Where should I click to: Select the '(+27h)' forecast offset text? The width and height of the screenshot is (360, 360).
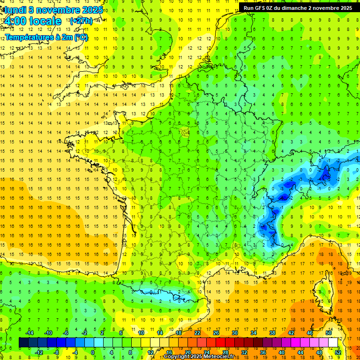click(81, 21)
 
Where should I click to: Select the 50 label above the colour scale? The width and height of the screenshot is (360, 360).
click(328, 333)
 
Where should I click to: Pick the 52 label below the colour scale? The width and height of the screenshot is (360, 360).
click(338, 352)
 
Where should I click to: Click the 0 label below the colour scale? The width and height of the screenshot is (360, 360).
click(93, 352)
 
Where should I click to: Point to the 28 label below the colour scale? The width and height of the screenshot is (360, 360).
click(225, 352)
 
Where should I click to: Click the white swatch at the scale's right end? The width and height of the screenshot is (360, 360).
click(333, 343)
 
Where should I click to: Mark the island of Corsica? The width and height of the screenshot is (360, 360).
click(322, 293)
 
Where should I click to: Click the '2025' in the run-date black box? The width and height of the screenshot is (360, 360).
click(346, 8)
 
